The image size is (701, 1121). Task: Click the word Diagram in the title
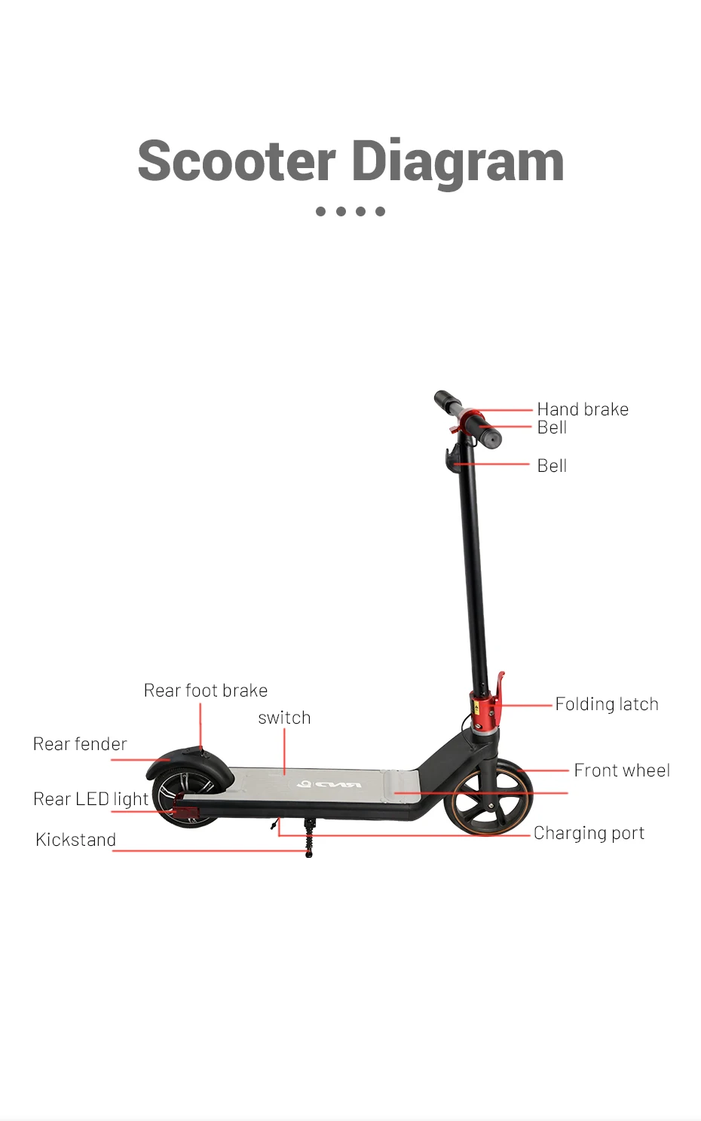point(458,162)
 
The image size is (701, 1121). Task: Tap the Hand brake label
point(583,409)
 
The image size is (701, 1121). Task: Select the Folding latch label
point(607,704)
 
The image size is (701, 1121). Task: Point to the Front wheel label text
point(622,770)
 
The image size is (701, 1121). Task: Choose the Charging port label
point(589,833)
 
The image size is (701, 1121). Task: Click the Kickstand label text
point(75,840)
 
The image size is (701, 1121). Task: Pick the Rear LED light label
point(90,799)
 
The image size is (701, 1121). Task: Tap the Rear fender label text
point(80,744)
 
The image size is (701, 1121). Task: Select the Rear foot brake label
point(206,691)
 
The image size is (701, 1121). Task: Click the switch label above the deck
point(284,718)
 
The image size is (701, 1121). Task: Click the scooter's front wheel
point(488,801)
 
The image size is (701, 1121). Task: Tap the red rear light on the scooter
point(183,812)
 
